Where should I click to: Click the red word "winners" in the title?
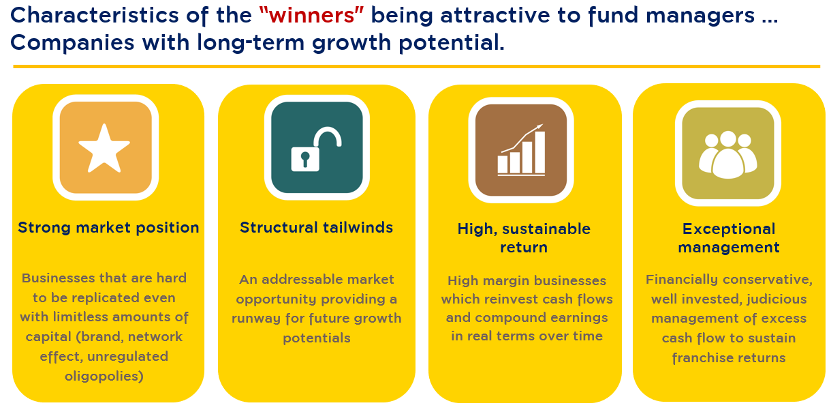312,16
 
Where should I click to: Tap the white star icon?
104,149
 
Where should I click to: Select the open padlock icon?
316,149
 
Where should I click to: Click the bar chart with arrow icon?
521,149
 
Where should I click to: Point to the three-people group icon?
728,155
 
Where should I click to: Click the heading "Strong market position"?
108,228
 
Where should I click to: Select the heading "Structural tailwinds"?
316,227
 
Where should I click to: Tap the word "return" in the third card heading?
524,248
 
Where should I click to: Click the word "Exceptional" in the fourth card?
729,229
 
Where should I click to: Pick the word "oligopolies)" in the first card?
104,377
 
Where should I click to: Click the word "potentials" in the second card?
317,338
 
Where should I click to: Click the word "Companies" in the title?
72,42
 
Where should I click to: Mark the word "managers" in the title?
700,16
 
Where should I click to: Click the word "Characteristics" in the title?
94,15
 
